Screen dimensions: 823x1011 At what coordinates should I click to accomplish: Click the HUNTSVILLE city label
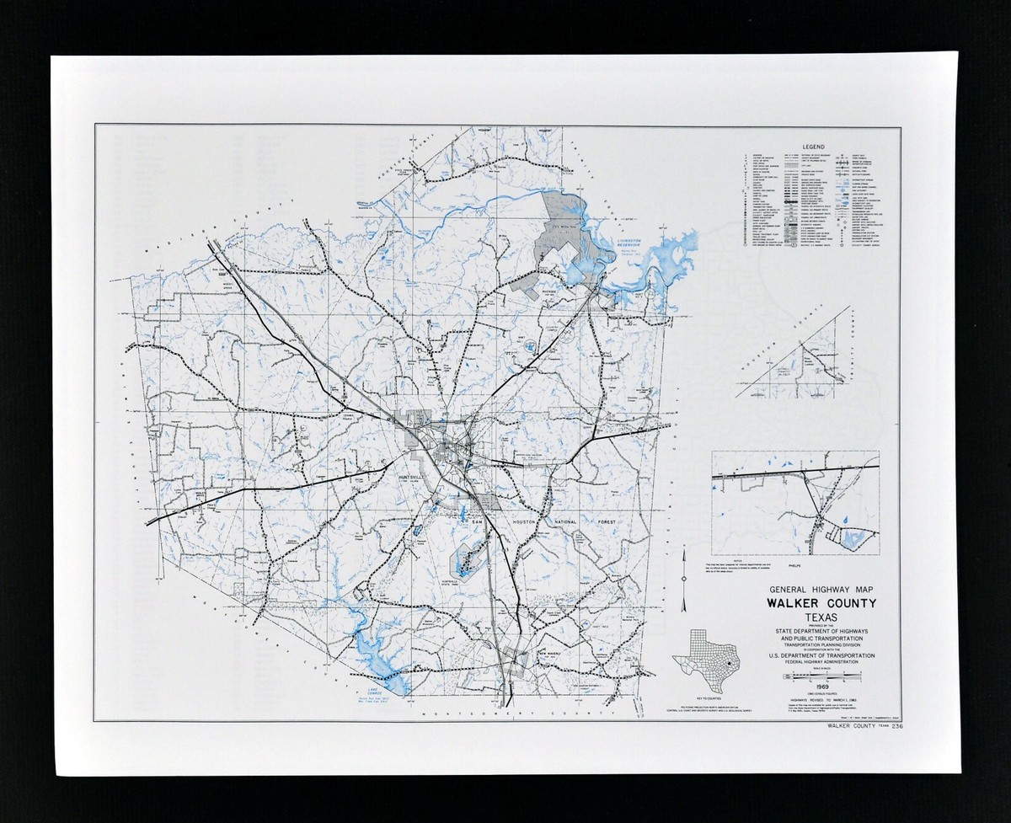(414, 477)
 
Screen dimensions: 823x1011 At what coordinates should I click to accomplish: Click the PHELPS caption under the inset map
(795, 557)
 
